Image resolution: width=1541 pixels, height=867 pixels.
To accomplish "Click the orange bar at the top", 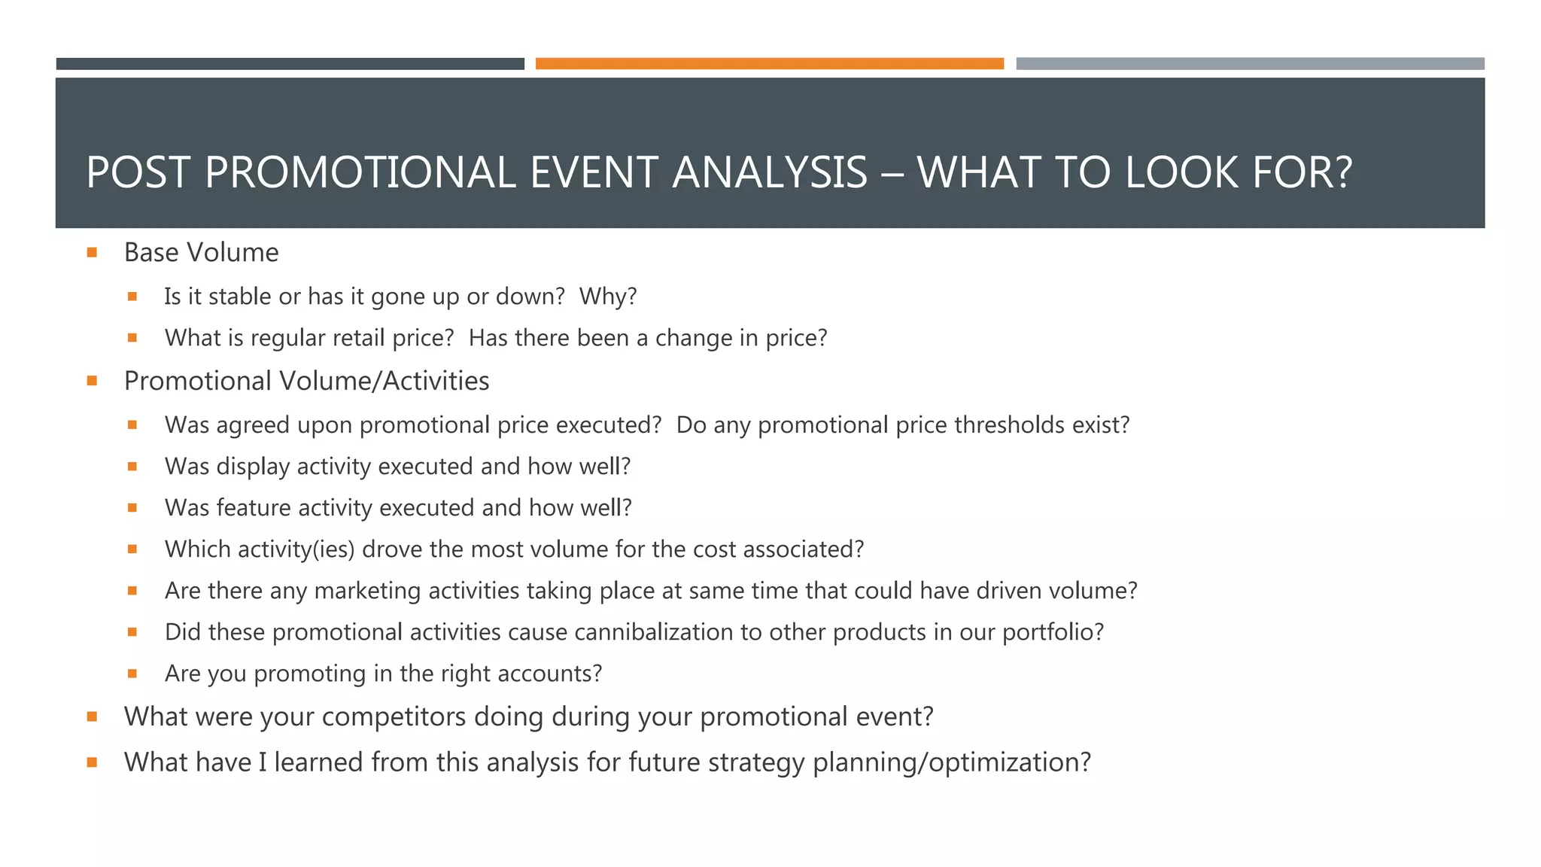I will tap(769, 64).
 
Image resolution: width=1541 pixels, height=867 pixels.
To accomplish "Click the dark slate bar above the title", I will tap(290, 64).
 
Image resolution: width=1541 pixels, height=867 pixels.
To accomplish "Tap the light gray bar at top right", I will tap(1250, 64).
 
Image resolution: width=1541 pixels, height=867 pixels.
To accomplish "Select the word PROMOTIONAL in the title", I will tap(360, 172).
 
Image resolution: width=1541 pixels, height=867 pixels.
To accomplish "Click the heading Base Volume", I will tap(201, 253).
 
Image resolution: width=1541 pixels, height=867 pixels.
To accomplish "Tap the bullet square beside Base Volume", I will tap(92, 253).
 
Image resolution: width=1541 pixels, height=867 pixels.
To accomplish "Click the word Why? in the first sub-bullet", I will tap(608, 297).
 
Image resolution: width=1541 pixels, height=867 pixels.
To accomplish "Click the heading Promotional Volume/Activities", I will tap(306, 382).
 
